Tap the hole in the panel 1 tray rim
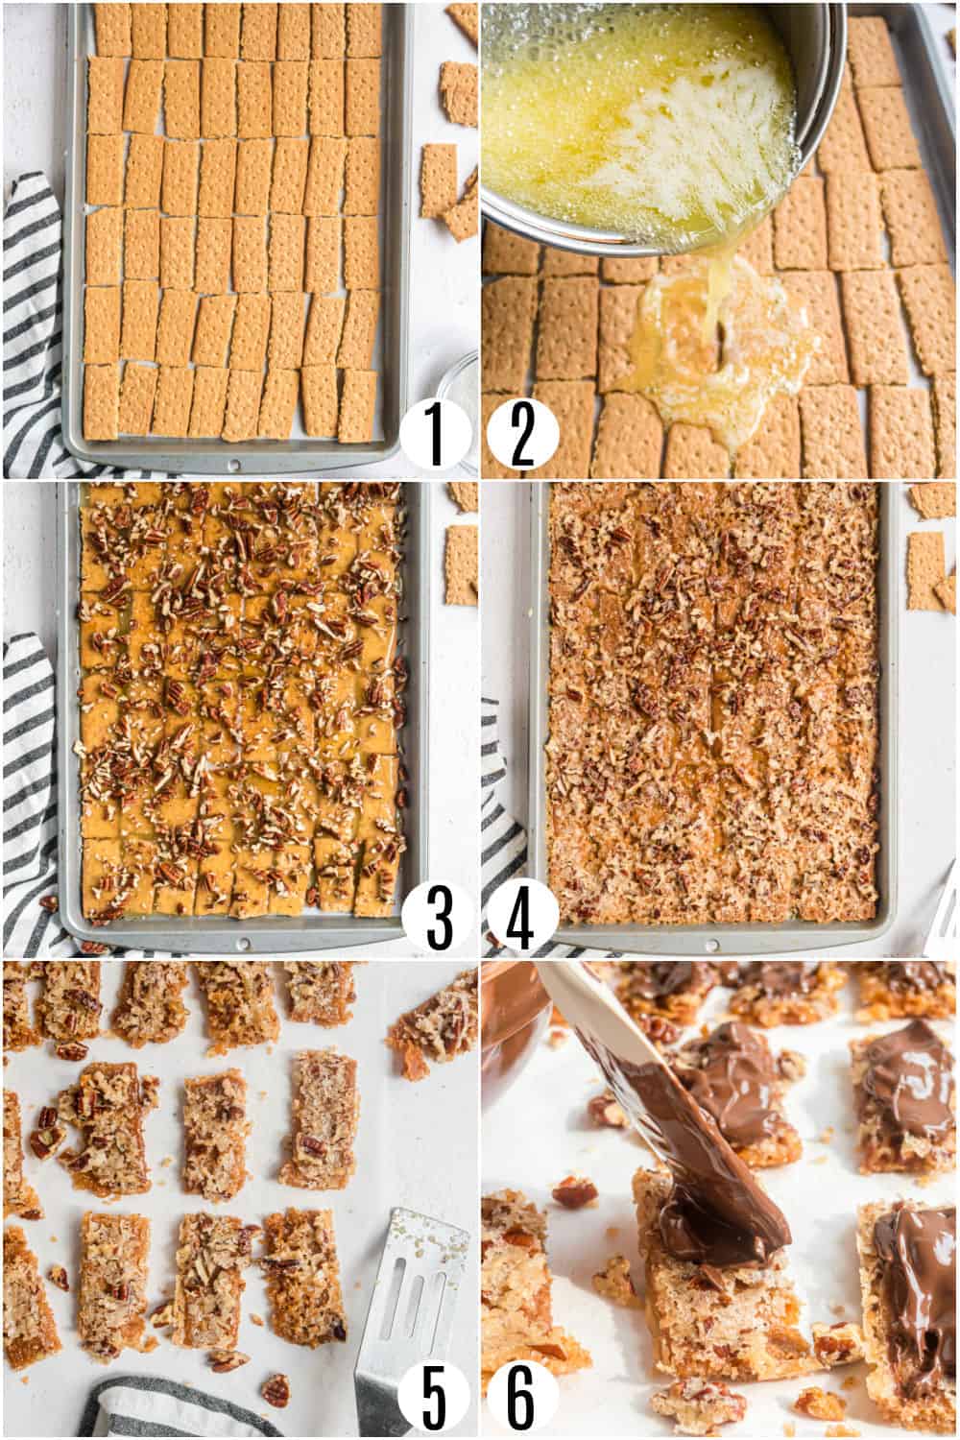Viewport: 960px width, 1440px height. coord(236,464)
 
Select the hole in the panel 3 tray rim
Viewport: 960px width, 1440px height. coord(243,943)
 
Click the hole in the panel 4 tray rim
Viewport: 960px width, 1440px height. coord(709,945)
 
